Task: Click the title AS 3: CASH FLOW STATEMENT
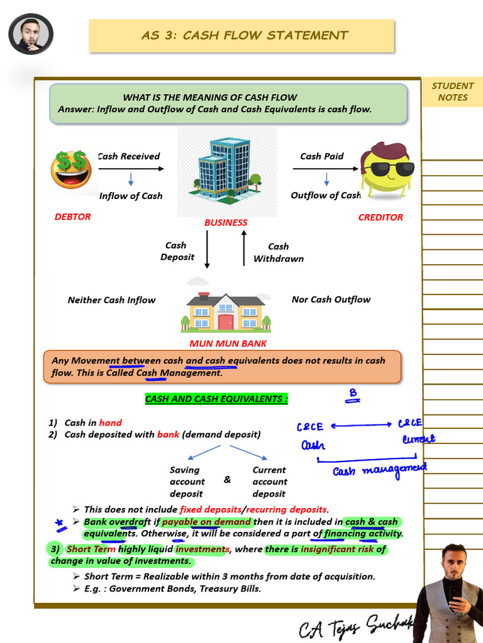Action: pos(245,36)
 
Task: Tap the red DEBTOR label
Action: pos(72,217)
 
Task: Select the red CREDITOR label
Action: pos(380,217)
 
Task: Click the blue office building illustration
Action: pos(226,170)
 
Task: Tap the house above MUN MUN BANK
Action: pos(226,312)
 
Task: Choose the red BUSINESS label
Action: pos(226,222)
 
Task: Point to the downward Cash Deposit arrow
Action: pos(207,249)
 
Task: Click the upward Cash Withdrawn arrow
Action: pos(244,249)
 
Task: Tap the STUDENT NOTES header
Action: pos(452,92)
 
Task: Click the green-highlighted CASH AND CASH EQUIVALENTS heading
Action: pos(216,399)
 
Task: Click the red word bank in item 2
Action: pos(168,435)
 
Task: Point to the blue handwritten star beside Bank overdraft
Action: pos(60,522)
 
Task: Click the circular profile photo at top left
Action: pos(31,34)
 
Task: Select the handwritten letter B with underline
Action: pos(353,395)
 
